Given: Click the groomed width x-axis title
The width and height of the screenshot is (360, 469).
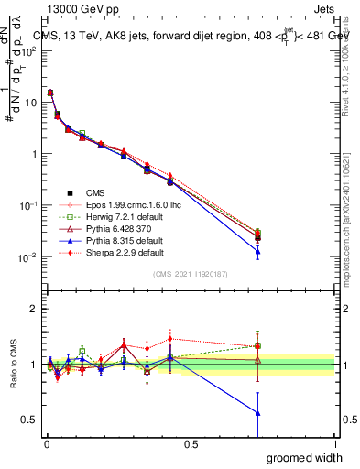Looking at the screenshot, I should click(307, 457).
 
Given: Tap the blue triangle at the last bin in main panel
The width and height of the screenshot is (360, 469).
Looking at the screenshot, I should click(257, 251).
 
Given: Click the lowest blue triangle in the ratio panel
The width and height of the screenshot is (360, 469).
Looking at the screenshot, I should click(257, 413).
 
